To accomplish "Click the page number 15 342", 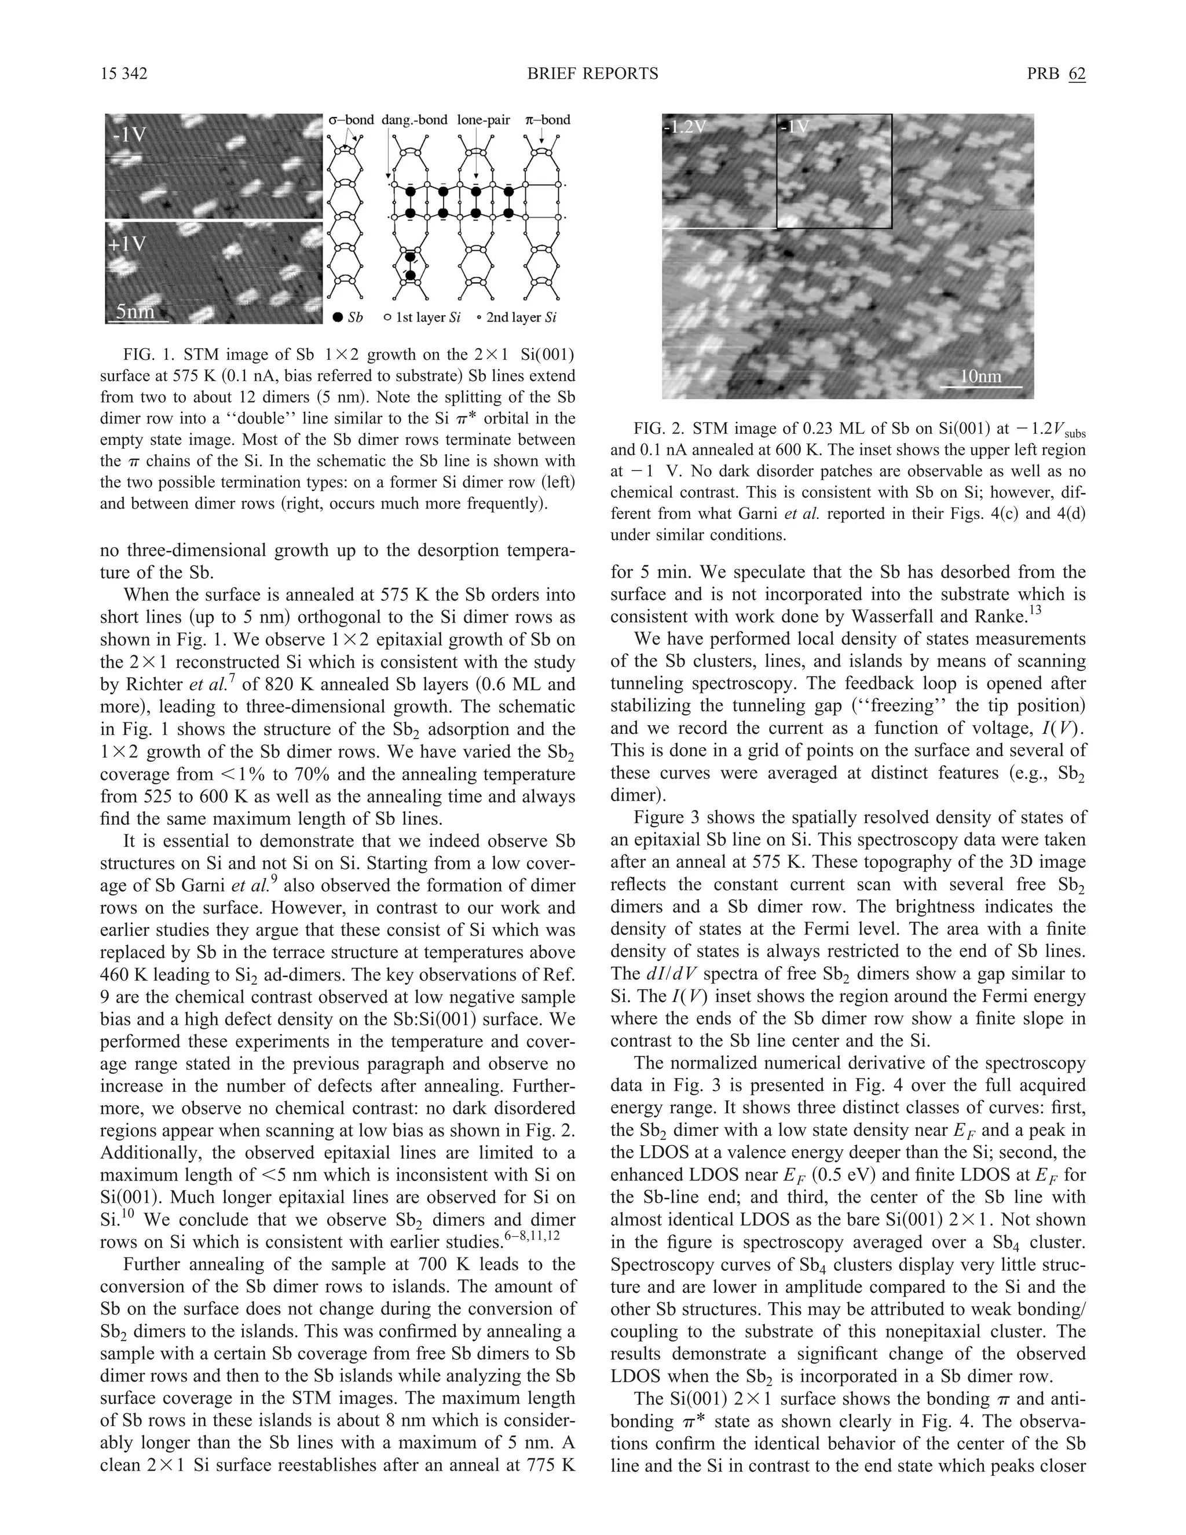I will tap(124, 74).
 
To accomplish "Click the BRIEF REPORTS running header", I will tap(592, 74).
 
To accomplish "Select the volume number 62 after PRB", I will tap(1077, 74).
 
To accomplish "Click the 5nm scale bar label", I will tap(135, 312).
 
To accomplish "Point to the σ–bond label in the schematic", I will tap(352, 120).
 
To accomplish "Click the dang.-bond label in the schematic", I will tap(415, 120).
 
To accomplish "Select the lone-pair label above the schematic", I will tap(484, 120).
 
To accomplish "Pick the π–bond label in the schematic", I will tap(547, 120).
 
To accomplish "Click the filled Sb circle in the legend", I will tap(338, 317).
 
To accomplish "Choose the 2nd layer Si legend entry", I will tap(517, 317).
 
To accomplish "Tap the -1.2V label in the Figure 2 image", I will tap(685, 127).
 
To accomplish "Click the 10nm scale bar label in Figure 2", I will tap(981, 376).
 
